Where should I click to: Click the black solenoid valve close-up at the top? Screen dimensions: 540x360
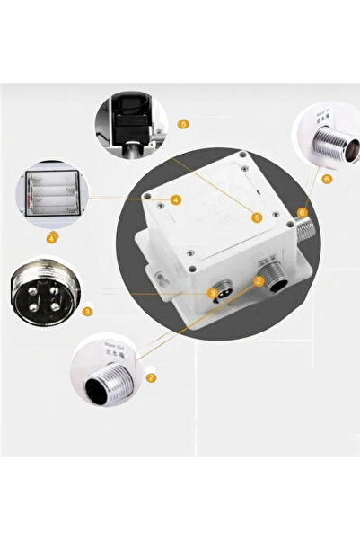tap(134, 122)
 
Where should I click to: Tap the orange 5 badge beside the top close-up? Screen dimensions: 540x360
tap(183, 123)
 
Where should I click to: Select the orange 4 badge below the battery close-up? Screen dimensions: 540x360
tap(51, 238)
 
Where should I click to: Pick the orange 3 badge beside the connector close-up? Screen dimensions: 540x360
tap(87, 312)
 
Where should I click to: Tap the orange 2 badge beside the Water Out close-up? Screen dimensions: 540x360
tap(151, 378)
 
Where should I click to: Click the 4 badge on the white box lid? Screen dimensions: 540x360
tap(176, 199)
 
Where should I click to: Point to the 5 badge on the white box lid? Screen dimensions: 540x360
tap(257, 217)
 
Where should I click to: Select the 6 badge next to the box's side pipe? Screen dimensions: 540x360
tap(302, 213)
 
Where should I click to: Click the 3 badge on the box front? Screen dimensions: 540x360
tap(212, 292)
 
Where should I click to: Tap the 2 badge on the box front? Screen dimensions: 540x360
tap(259, 281)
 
